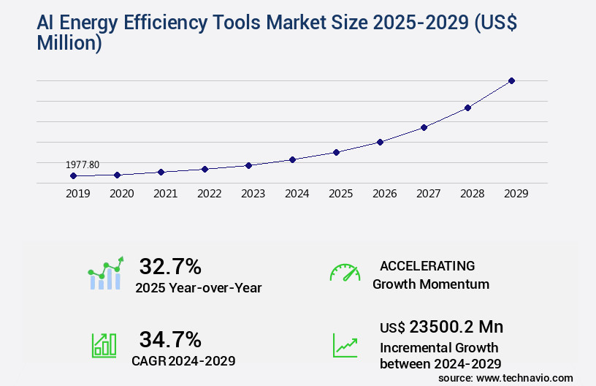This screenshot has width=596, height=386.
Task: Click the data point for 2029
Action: point(511,80)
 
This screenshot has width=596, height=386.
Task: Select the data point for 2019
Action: point(73,176)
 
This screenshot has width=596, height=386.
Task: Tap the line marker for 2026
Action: point(380,142)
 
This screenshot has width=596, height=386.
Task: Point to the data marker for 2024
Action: point(292,159)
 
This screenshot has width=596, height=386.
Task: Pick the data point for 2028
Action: point(467,107)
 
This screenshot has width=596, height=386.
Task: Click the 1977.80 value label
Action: point(82,164)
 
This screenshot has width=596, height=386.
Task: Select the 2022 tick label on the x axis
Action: point(209,194)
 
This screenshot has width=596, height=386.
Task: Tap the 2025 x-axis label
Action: point(340,194)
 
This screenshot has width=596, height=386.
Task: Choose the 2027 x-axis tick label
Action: point(428,194)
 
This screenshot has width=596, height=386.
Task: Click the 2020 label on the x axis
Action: point(121,194)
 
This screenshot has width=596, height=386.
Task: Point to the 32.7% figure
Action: point(170,267)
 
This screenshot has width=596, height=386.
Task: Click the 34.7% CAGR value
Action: point(170,339)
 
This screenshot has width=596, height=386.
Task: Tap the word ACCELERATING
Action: point(427,266)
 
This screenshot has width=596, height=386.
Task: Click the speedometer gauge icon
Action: point(345,273)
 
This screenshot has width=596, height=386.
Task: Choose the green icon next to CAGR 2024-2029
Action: point(104,345)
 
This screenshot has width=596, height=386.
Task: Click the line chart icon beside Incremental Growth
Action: point(345,345)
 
